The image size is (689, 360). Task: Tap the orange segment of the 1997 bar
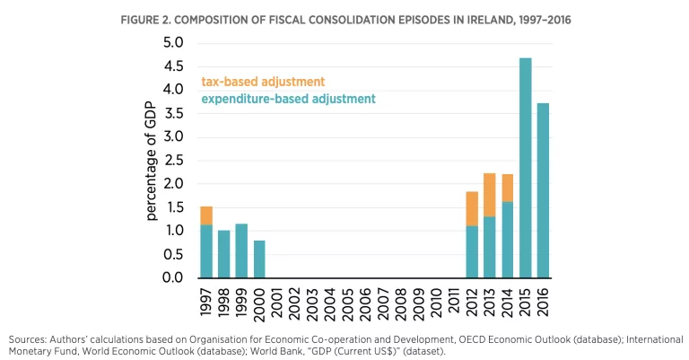(x=206, y=215)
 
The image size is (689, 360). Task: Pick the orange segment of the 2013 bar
(x=489, y=195)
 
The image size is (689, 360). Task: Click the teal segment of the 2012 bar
(x=472, y=251)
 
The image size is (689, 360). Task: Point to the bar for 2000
(x=259, y=259)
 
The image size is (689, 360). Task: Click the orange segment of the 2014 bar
(x=507, y=188)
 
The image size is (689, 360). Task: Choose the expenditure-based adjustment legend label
(x=288, y=99)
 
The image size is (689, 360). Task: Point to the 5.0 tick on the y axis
(x=172, y=43)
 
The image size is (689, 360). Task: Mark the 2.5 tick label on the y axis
(x=172, y=161)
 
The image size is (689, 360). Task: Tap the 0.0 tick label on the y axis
(x=172, y=277)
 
